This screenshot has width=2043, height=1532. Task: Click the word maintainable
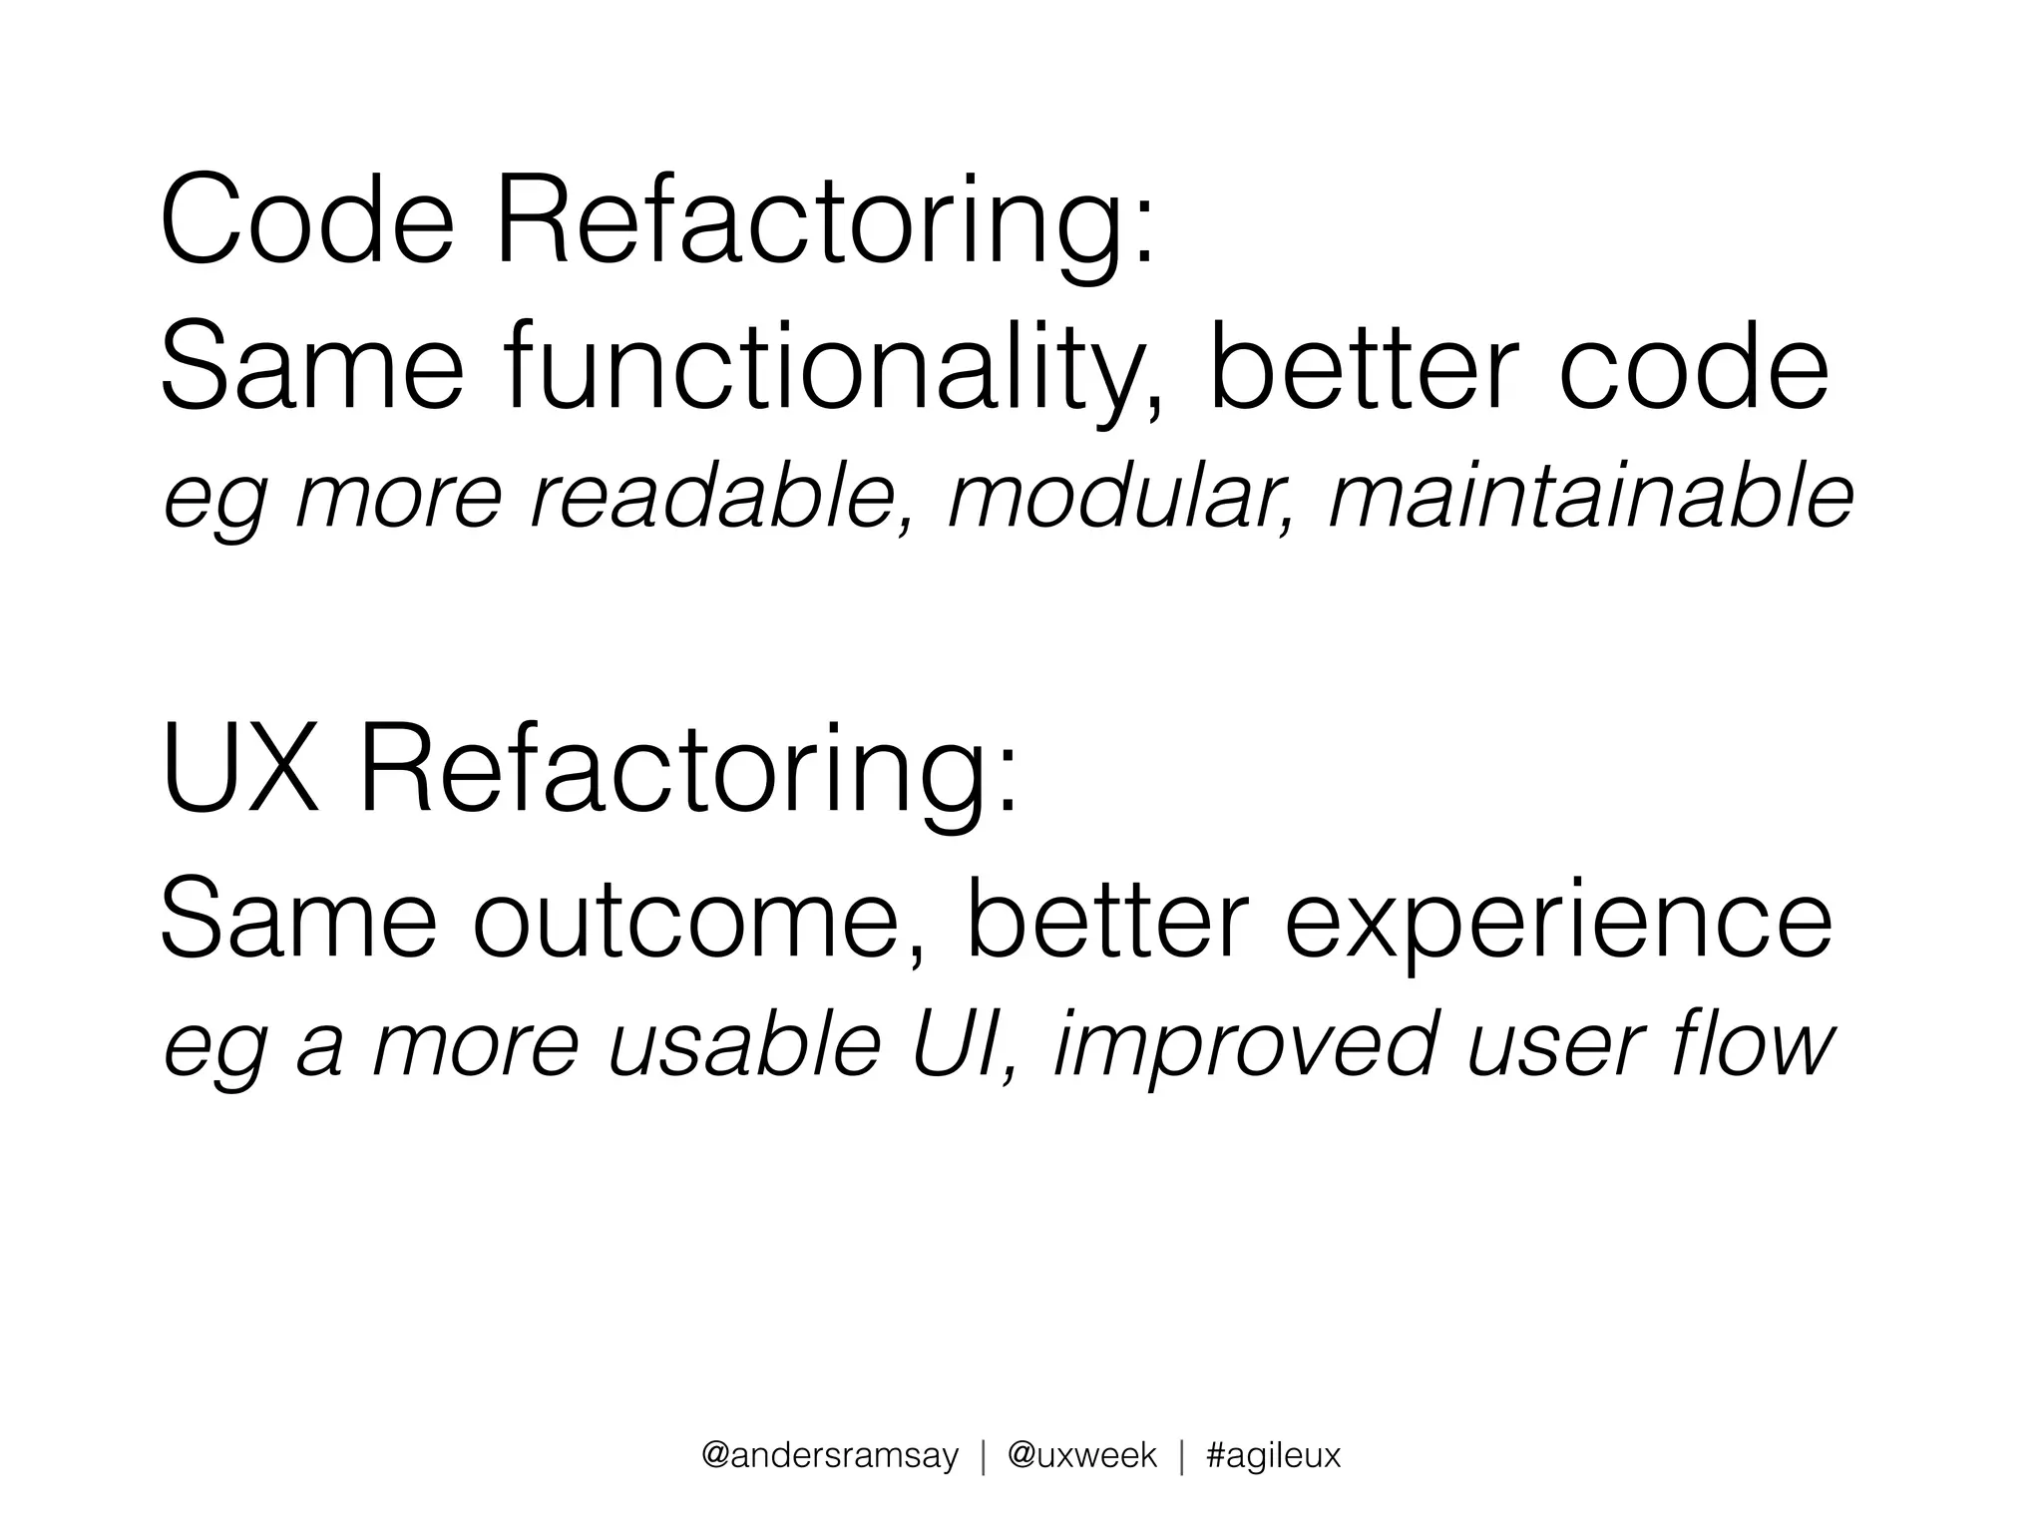1590,498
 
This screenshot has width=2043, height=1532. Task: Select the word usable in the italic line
744,1045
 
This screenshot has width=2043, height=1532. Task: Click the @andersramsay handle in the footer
830,1455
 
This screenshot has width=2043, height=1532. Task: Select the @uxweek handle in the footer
1081,1455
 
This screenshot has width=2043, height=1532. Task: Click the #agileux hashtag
1273,1455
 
